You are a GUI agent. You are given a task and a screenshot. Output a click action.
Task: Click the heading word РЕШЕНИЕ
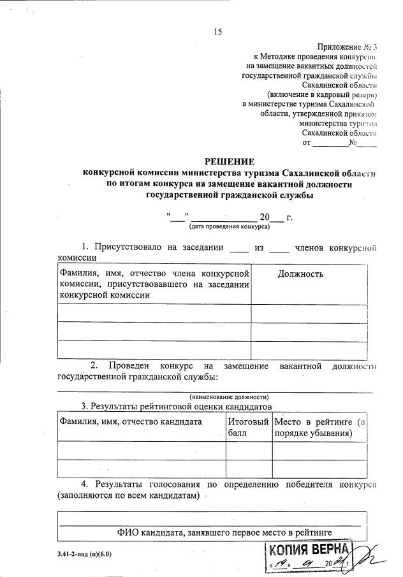[229, 162]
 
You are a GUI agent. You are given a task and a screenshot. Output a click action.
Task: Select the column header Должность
[300, 274]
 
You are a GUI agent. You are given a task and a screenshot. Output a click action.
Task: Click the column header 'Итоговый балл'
[248, 427]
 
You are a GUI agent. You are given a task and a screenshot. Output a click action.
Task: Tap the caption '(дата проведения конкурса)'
[229, 226]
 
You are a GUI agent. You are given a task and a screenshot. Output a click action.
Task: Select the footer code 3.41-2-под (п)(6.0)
[83, 554]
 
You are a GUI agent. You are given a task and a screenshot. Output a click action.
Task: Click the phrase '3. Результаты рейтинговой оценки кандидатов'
[176, 406]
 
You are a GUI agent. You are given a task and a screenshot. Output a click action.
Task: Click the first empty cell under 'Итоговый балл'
[248, 449]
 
